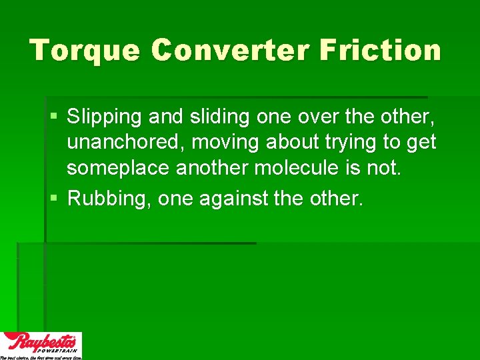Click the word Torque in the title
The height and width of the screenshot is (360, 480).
click(x=85, y=51)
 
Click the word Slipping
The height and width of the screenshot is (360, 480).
click(x=105, y=117)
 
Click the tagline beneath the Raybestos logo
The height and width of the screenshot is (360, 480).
click(x=41, y=357)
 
